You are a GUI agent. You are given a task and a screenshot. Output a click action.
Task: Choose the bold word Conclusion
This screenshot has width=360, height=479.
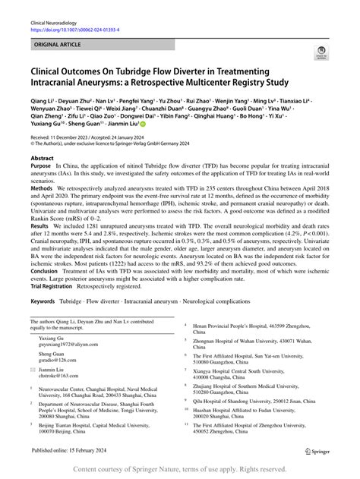point(48,314)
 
